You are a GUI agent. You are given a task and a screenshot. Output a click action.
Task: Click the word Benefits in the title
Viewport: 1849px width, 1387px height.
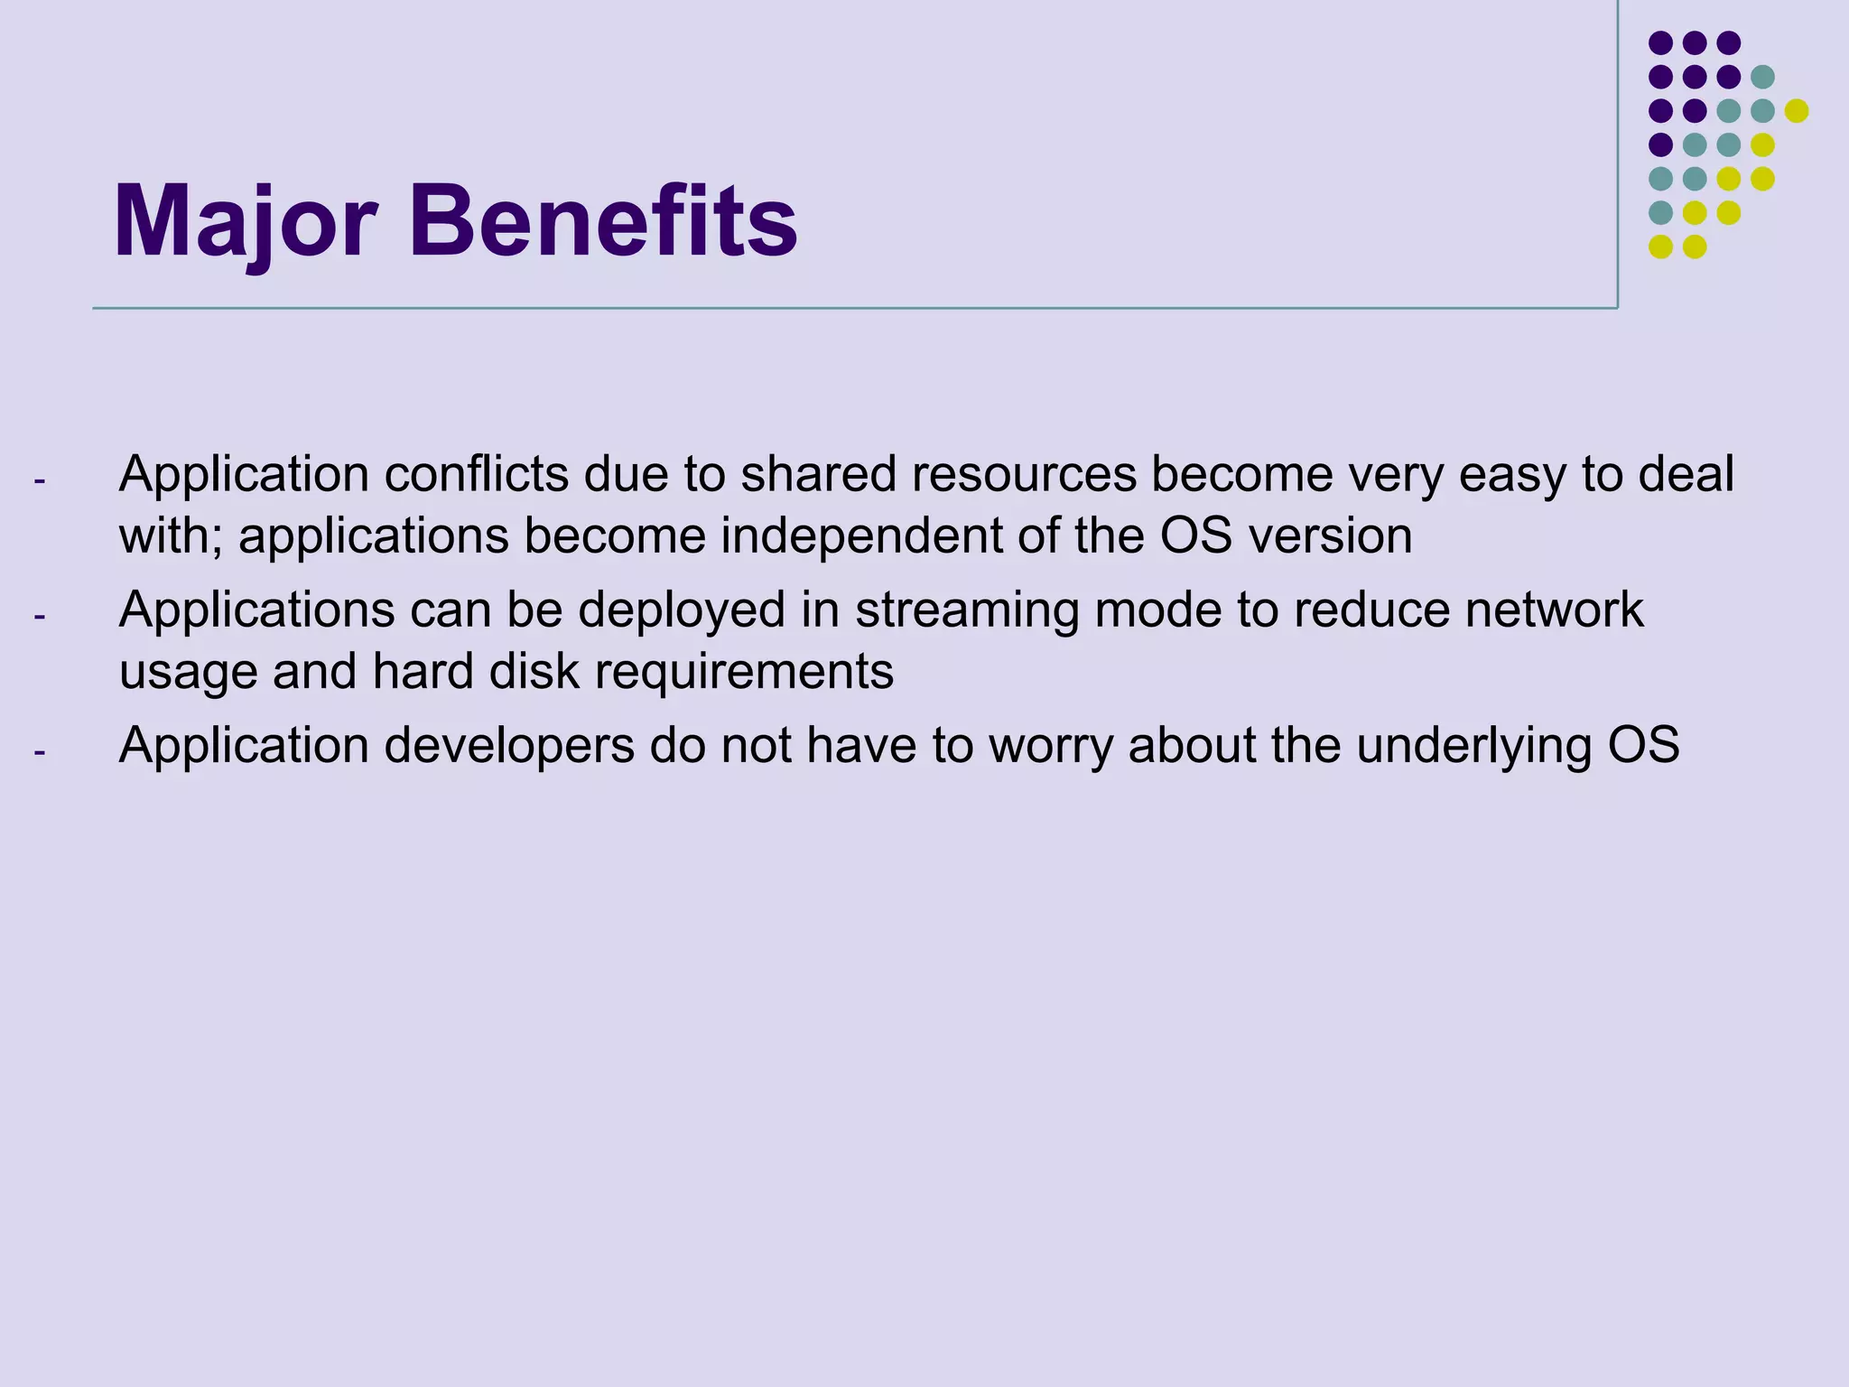coord(603,222)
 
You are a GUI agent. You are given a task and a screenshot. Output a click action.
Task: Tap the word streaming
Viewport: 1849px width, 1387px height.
coord(967,611)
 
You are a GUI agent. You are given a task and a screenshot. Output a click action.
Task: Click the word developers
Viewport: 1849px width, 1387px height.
coord(509,747)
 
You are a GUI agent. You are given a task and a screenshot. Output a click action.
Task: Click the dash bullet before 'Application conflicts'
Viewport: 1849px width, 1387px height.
coord(39,480)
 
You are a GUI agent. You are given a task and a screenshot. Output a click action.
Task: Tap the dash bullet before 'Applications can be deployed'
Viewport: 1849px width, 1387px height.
coord(39,617)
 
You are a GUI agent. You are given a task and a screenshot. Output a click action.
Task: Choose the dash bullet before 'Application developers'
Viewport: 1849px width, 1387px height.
coord(39,752)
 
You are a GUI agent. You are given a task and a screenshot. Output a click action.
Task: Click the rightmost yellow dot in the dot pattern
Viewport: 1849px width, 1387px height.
coord(1796,111)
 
